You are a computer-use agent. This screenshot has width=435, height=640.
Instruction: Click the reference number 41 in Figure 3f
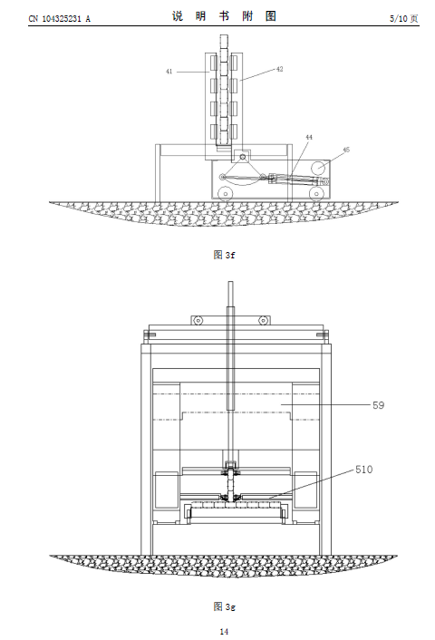pyautogui.click(x=169, y=72)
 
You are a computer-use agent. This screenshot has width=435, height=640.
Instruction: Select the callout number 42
pyautogui.click(x=279, y=69)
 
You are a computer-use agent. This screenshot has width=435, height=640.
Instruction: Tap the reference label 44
pyautogui.click(x=309, y=137)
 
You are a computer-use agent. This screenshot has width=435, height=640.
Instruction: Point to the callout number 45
pyautogui.click(x=346, y=150)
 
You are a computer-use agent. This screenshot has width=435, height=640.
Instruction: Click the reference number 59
pyautogui.click(x=378, y=405)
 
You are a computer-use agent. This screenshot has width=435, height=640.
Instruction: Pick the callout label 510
pyautogui.click(x=363, y=470)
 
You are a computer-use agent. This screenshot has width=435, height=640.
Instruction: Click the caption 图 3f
pyautogui.click(x=224, y=255)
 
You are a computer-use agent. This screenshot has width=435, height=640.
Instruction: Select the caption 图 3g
pyautogui.click(x=224, y=606)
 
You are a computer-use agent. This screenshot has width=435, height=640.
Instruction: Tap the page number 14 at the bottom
pyautogui.click(x=224, y=632)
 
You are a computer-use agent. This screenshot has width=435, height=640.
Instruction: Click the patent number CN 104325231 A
pyautogui.click(x=60, y=18)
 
